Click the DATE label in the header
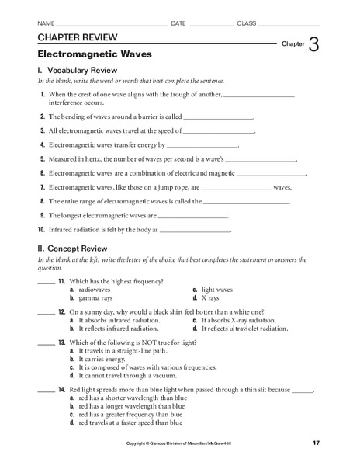178,23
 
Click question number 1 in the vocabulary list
41,94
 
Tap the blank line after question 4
203,145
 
